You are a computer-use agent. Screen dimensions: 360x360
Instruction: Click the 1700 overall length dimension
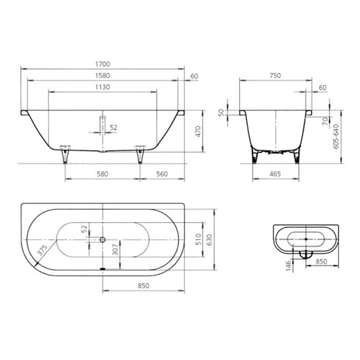(102, 64)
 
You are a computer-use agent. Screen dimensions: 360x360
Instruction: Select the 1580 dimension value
(102, 76)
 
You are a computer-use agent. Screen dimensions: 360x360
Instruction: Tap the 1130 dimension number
(102, 87)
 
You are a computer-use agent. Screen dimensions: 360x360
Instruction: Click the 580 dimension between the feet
(102, 174)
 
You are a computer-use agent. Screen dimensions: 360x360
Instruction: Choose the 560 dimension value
(162, 174)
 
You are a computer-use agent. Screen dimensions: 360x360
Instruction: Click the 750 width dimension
(275, 76)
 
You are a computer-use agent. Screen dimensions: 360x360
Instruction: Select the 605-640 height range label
(336, 137)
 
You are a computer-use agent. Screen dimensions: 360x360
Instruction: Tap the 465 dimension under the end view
(275, 174)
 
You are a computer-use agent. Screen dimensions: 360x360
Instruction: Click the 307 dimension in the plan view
(116, 249)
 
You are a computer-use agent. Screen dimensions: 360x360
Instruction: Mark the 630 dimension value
(209, 239)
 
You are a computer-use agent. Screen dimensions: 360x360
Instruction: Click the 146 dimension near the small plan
(289, 265)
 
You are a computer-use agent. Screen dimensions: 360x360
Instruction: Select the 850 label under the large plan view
(143, 286)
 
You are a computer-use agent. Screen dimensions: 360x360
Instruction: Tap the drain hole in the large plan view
(102, 240)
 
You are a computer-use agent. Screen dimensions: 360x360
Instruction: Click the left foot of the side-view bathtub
(64, 154)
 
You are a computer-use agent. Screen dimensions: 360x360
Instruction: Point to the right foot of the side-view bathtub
(139, 154)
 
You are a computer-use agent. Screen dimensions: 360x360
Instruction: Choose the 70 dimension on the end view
(326, 121)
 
